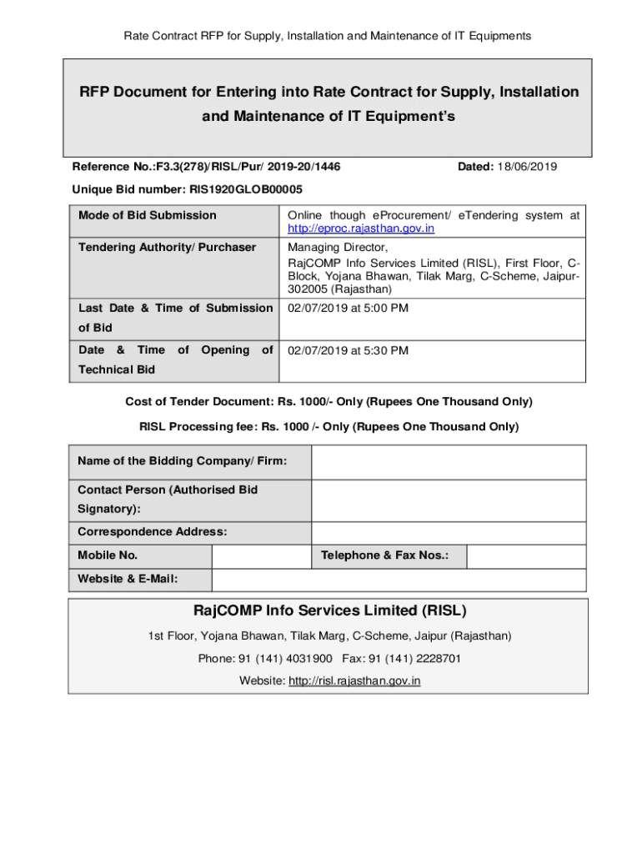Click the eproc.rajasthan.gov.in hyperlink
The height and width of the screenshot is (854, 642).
pyautogui.click(x=360, y=229)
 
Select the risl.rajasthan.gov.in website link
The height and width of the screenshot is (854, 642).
pyautogui.click(x=354, y=681)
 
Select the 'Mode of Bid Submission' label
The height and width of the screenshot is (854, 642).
pyautogui.click(x=147, y=215)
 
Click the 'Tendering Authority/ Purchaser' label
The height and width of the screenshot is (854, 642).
pyautogui.click(x=167, y=247)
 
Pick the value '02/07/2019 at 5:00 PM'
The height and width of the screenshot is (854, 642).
pyautogui.click(x=348, y=308)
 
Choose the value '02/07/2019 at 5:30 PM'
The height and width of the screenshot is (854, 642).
pyautogui.click(x=348, y=350)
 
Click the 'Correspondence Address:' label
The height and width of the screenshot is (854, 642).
pyautogui.click(x=152, y=531)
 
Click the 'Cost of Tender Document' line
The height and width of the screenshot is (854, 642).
pyautogui.click(x=329, y=402)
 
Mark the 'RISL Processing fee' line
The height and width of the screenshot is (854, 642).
pyautogui.click(x=329, y=427)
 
